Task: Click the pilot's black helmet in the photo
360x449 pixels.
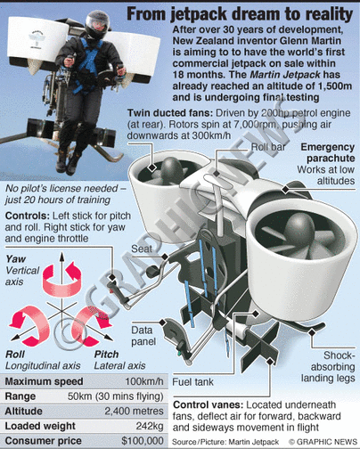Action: (97, 25)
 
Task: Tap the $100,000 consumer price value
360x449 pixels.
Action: (143, 440)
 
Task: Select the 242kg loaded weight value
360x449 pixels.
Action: (150, 426)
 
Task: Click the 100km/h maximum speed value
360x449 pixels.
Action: (144, 381)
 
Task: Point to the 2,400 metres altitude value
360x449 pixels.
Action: (134, 411)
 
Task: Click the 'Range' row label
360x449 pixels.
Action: (20, 396)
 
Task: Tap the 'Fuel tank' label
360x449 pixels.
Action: (192, 382)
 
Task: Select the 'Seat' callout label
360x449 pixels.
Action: (142, 249)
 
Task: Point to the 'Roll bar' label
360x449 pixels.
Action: (268, 147)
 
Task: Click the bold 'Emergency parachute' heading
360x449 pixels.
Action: (328, 152)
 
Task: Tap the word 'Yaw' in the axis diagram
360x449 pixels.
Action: (16, 259)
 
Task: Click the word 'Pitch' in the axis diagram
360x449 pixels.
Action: (106, 355)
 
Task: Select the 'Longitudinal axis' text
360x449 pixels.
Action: (43, 365)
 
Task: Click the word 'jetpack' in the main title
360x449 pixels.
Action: (198, 14)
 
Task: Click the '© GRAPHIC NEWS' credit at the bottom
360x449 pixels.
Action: (323, 442)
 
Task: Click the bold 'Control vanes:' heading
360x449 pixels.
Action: (208, 404)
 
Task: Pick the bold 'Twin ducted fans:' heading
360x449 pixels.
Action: (170, 113)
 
